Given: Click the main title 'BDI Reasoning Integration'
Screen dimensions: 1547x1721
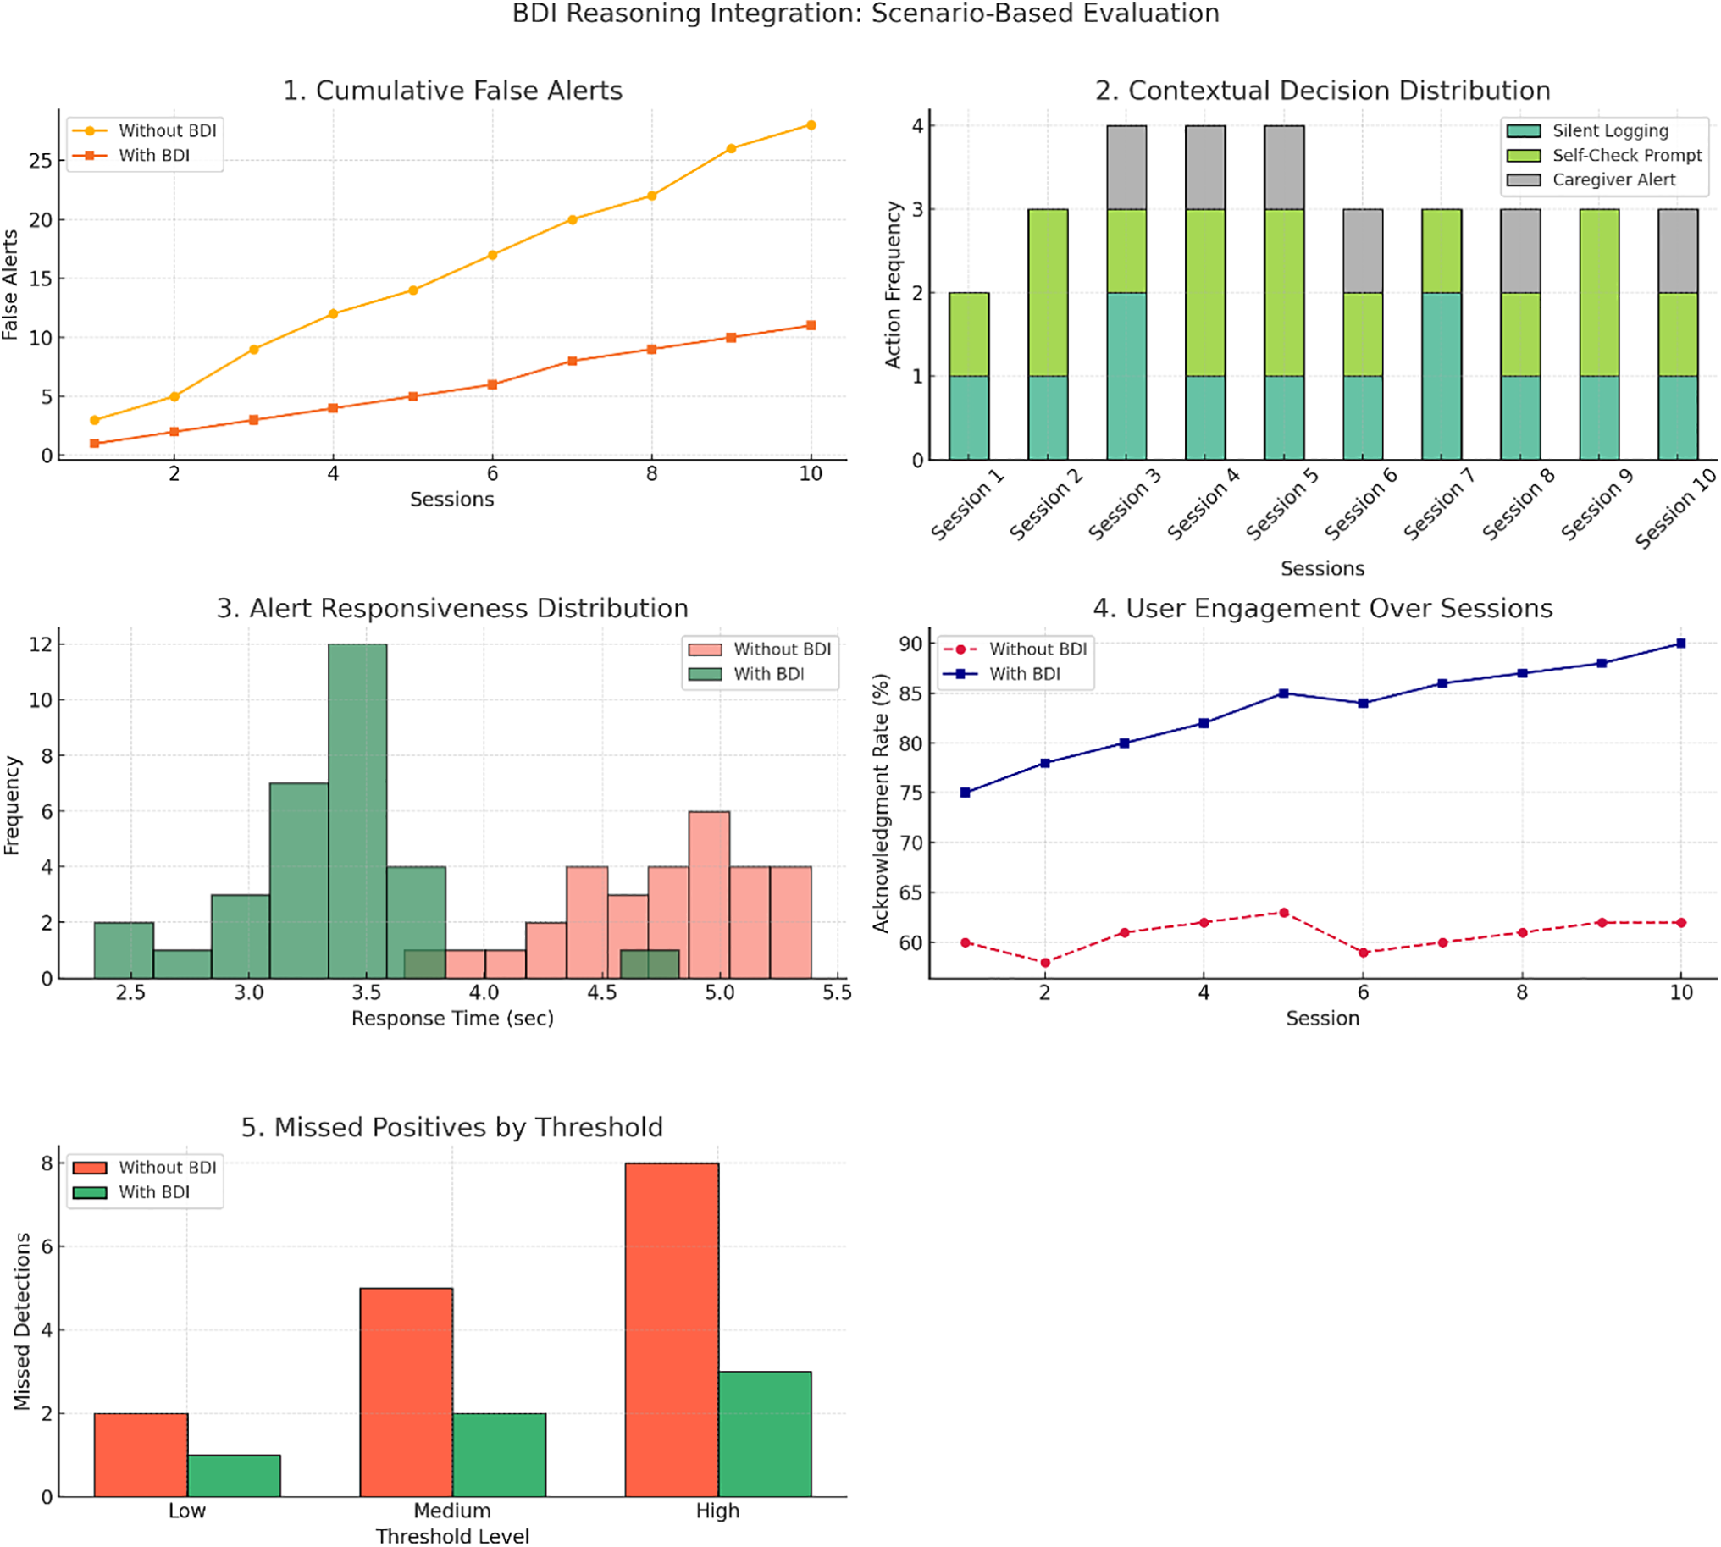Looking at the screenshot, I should (865, 14).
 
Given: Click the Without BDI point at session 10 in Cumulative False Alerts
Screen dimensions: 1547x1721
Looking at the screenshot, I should (811, 125).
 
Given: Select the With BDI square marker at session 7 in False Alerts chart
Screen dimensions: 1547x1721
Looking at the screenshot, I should (573, 362).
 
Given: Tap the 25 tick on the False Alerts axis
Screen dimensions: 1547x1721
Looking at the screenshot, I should (40, 161).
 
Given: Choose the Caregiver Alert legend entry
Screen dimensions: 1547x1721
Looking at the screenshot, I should (1612, 180).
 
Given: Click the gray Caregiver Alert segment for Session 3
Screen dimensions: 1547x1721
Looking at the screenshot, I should (1126, 168).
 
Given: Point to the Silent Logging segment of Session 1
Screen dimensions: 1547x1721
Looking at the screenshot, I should (969, 417).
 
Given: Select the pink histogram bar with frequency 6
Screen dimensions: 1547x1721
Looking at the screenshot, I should (708, 894).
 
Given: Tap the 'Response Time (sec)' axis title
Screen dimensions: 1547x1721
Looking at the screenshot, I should (452, 1019).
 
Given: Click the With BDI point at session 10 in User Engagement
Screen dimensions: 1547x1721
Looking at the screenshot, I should (1680, 644).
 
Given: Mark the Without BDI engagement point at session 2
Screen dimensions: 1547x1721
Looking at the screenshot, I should (1045, 962).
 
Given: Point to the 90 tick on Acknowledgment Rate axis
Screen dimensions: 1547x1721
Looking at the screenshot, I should (910, 644).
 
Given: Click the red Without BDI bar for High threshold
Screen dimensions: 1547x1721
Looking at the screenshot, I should (671, 1329).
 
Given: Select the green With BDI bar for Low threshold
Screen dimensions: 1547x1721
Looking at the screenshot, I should (234, 1476).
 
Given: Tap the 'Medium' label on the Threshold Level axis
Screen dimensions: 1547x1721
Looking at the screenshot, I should (451, 1511).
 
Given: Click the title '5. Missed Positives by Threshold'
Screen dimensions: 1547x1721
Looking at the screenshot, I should (451, 1127).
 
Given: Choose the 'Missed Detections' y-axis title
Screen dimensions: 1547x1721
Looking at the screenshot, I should (22, 1321).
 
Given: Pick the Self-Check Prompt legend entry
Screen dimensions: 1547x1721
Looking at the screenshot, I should (1625, 156).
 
